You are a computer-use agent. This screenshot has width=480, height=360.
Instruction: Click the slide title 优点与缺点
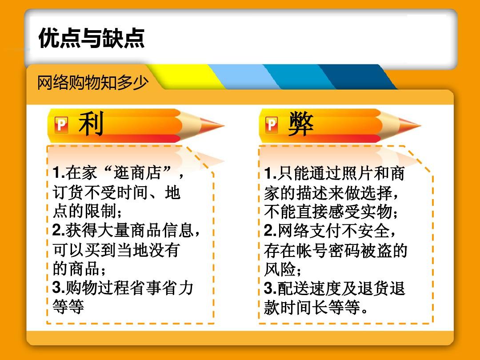tap(92, 38)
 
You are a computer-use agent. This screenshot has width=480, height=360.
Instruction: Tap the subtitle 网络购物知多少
tap(93, 82)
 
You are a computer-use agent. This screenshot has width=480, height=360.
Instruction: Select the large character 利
tap(91, 124)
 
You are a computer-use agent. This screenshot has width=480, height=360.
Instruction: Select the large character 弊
tap(301, 124)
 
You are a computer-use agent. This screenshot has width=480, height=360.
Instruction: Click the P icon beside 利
tap(61, 124)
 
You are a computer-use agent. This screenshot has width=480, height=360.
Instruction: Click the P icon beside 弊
tap(272, 124)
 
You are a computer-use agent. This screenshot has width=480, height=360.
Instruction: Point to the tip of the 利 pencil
tap(224, 125)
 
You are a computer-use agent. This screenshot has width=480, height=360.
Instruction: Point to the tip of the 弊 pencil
tap(420, 125)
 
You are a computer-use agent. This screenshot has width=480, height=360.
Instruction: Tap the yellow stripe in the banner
tap(187, 77)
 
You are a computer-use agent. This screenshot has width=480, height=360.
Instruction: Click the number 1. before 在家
tap(59, 172)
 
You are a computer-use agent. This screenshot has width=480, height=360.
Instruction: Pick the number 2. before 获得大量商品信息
tap(59, 230)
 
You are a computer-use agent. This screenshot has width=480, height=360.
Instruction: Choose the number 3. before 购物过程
tap(59, 288)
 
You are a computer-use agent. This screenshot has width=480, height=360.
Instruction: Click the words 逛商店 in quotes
tap(137, 172)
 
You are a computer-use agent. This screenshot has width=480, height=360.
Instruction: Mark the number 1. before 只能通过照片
tap(270, 173)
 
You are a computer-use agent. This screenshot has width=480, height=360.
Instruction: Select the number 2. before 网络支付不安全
tap(270, 231)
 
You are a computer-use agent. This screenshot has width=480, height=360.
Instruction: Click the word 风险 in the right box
tap(280, 269)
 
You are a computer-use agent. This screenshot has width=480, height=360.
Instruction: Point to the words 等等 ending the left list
tap(68, 306)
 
